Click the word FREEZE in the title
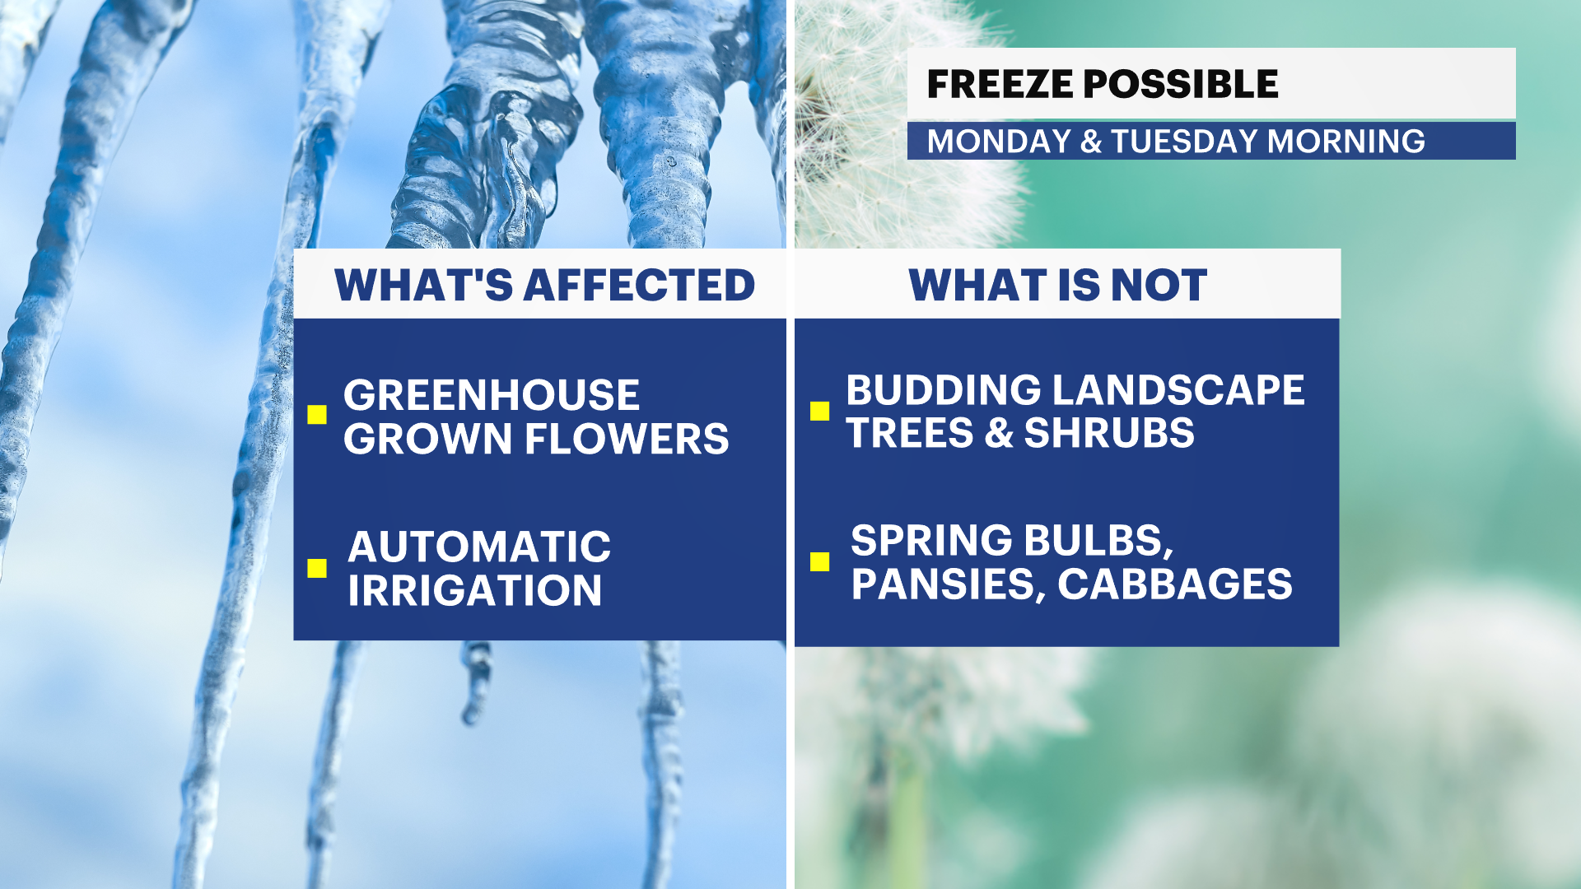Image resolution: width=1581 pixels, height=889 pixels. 999,84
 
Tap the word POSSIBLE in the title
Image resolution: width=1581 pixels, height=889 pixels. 1180,84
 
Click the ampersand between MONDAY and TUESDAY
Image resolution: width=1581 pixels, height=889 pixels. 1091,142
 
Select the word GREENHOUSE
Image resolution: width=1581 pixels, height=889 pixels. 492,395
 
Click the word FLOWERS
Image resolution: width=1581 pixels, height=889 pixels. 627,439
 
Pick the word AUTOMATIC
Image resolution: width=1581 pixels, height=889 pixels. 479,547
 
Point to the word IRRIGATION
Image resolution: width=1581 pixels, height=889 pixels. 474,591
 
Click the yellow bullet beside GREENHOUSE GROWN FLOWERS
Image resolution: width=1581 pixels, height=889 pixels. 317,414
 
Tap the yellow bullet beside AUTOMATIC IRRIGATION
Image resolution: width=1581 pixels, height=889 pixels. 317,568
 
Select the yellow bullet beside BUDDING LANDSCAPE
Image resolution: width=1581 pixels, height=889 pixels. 819,411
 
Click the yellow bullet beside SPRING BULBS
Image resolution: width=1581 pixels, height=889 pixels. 819,561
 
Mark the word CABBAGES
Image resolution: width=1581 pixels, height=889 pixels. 1175,584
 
